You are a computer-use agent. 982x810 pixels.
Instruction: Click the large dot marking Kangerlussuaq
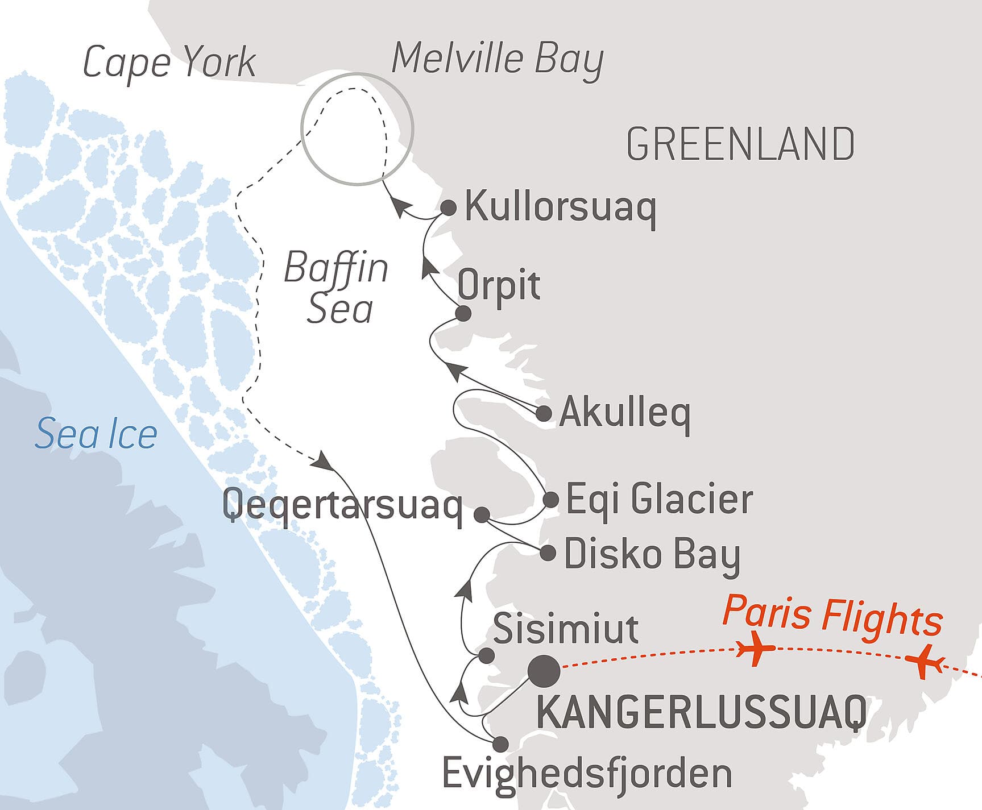coord(544,671)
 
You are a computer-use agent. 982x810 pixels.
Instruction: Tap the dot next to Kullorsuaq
coord(449,207)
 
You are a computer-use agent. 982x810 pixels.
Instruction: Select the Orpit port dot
coord(463,313)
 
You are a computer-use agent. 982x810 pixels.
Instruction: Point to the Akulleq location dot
coord(544,413)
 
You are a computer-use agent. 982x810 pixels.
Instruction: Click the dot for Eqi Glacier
coord(550,500)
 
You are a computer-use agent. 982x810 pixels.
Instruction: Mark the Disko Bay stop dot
coord(548,553)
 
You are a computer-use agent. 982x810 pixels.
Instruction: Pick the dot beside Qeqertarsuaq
coord(482,515)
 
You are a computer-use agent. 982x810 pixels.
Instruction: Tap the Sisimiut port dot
coord(486,655)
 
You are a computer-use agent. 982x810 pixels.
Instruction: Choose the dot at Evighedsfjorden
coord(500,743)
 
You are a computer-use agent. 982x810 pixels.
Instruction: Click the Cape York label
coord(169,62)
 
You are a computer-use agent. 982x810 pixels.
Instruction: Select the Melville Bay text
coord(498,59)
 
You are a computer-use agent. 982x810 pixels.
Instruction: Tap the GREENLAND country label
coord(740,144)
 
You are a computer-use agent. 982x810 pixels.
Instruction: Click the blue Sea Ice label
coord(96,434)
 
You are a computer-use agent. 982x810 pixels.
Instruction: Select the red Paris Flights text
coord(832,616)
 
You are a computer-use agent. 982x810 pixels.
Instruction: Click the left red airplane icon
coord(755,648)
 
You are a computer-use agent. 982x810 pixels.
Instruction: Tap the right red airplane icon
coord(923,661)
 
